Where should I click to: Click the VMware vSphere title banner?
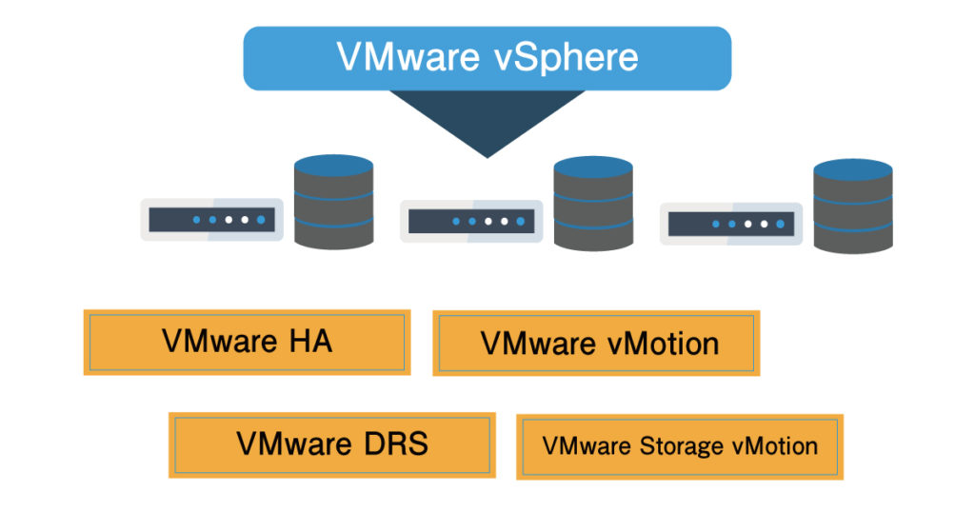[x=487, y=58]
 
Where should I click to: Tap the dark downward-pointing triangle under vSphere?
[x=487, y=119]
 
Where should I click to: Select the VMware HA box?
[x=247, y=342]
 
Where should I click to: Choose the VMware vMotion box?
[x=596, y=343]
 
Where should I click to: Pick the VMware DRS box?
[x=331, y=444]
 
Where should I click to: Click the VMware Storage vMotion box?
[x=680, y=446]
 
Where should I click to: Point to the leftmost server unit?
[x=211, y=220]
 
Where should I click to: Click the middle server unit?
[x=471, y=221]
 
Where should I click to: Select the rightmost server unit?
[x=730, y=224]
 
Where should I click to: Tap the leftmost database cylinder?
[x=333, y=202]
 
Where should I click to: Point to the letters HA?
[x=309, y=342]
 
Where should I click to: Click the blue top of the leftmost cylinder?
[x=333, y=164]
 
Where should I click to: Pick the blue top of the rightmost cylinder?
[x=853, y=169]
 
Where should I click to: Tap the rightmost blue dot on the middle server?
[x=521, y=222]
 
